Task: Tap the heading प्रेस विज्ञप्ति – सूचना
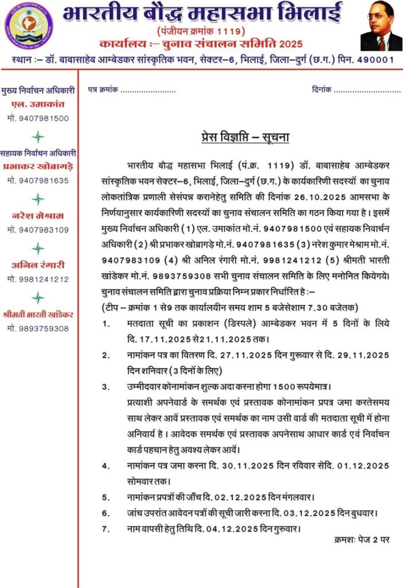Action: click(x=245, y=137)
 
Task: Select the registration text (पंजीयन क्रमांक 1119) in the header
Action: click(x=200, y=29)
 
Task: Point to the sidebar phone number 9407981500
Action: click(x=38, y=118)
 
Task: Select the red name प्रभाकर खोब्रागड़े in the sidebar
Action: click(x=38, y=167)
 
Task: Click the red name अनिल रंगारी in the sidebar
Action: click(x=38, y=266)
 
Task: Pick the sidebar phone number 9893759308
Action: click(x=38, y=328)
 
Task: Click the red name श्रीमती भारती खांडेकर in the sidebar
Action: click(x=38, y=315)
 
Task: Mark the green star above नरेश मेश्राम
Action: click(x=38, y=199)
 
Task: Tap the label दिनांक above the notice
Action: click(x=322, y=91)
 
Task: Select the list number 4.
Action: click(x=106, y=465)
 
